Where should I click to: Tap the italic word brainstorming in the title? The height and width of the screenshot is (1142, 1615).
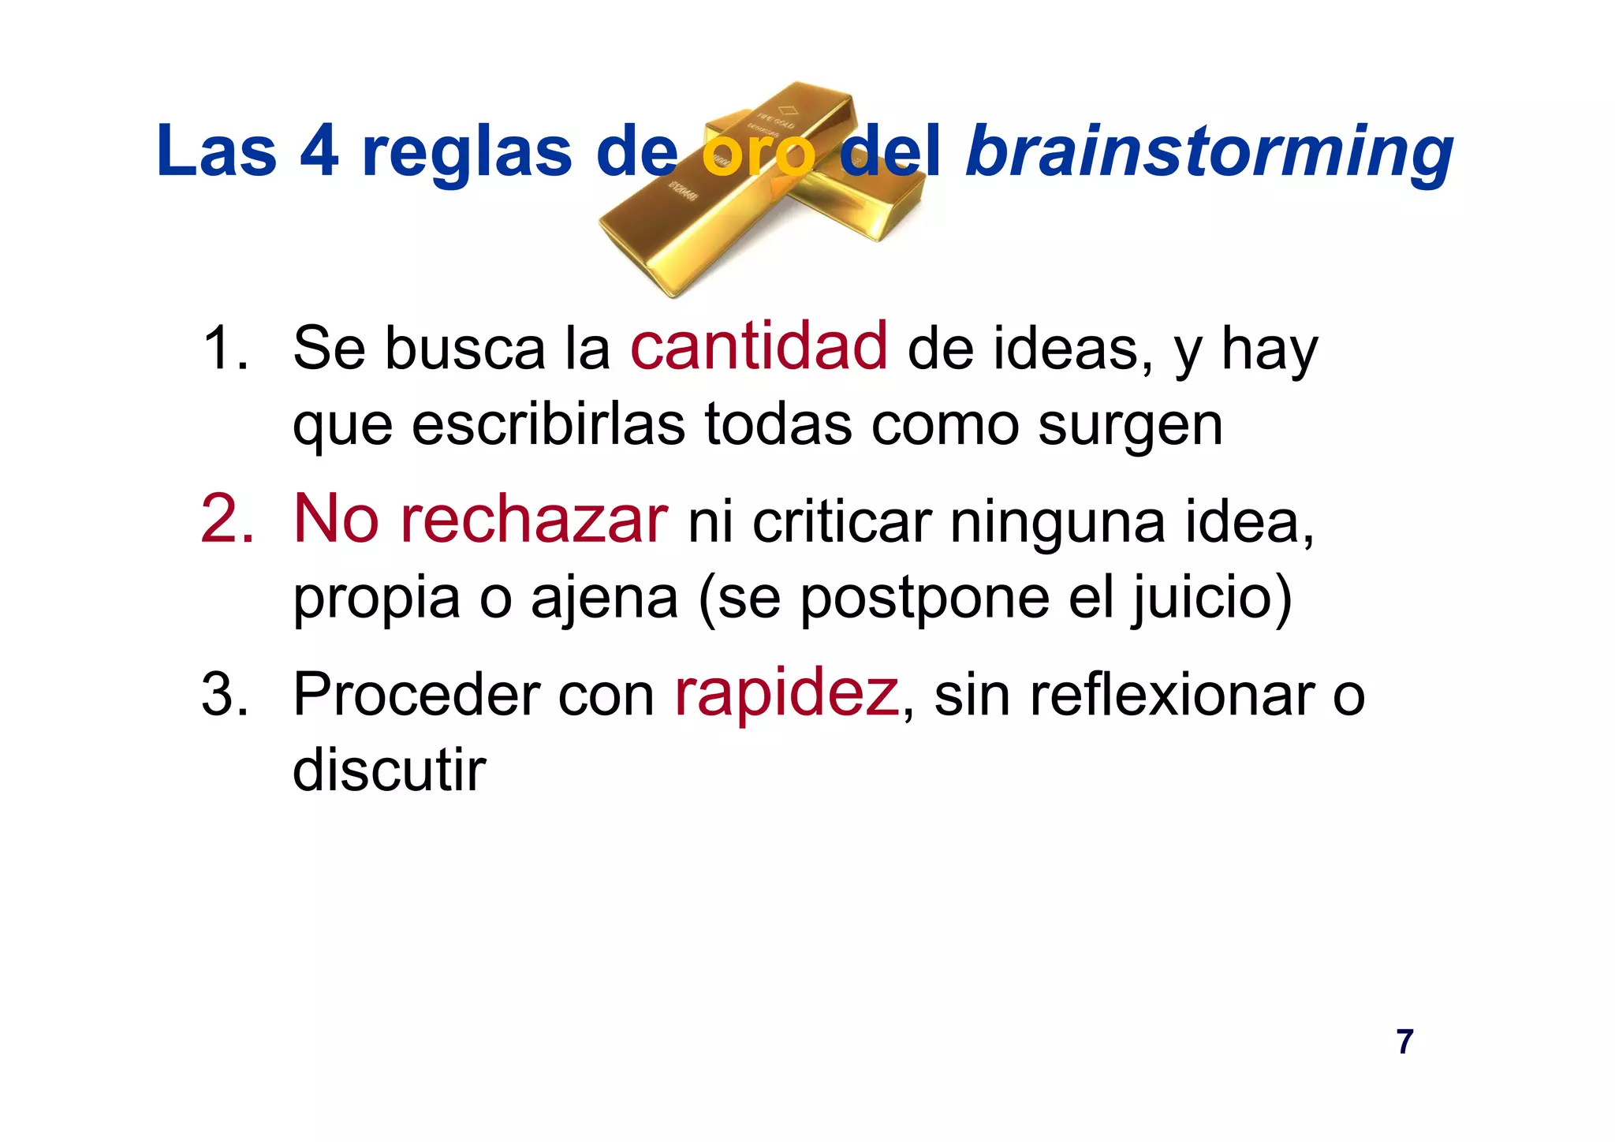tap(1209, 151)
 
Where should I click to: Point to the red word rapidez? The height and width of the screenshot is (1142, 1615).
tap(786, 693)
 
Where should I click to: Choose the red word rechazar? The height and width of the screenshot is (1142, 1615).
tap(534, 521)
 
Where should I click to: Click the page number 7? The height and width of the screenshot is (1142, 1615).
tap(1404, 1042)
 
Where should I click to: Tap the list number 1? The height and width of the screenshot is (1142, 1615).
tap(224, 348)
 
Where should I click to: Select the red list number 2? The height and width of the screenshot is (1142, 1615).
tap(227, 521)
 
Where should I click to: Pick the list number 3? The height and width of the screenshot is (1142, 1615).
tap(225, 695)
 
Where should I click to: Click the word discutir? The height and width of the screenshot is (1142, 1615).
tap(390, 770)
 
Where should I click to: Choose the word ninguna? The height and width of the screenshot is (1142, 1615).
tap(1057, 522)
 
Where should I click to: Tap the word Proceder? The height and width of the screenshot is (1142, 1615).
tap(416, 695)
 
